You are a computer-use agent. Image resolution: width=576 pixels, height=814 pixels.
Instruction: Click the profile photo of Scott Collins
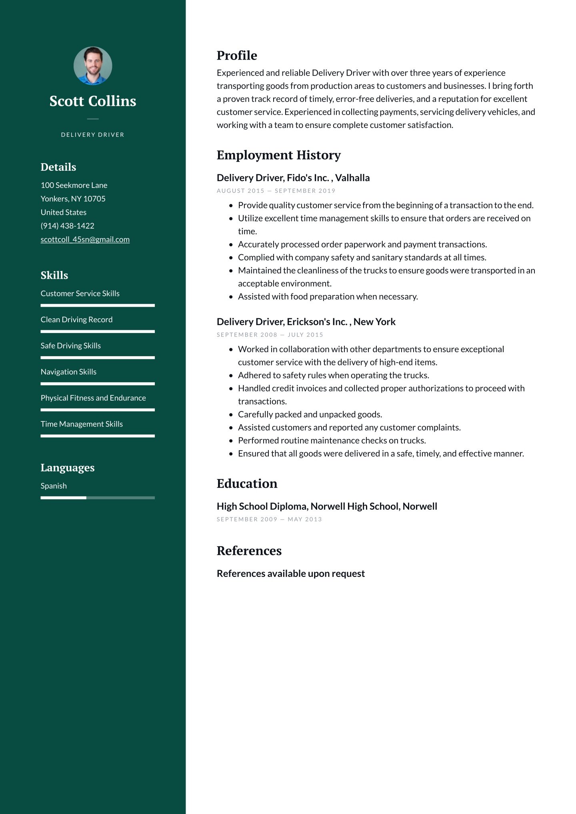pyautogui.click(x=93, y=66)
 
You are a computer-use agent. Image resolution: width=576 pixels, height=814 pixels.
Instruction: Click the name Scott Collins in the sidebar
pyautogui.click(x=93, y=101)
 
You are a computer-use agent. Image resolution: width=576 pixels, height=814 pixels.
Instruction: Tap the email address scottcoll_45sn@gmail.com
pyautogui.click(x=85, y=239)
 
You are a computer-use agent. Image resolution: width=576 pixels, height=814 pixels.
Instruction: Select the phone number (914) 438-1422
pyautogui.click(x=68, y=226)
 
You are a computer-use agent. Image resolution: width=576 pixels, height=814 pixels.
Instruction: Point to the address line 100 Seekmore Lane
pyautogui.click(x=74, y=185)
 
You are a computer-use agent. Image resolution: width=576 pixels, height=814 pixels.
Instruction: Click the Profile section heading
pyautogui.click(x=237, y=56)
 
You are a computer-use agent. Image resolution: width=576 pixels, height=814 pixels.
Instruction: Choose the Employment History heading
pyautogui.click(x=278, y=155)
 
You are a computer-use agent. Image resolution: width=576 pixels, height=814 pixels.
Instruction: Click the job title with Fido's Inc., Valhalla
pyautogui.click(x=293, y=178)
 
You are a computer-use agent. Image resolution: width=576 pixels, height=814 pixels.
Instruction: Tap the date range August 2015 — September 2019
pyautogui.click(x=276, y=191)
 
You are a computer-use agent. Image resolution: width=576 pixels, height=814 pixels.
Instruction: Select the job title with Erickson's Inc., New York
pyautogui.click(x=306, y=322)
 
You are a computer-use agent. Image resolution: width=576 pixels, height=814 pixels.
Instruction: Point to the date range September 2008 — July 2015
pyautogui.click(x=270, y=335)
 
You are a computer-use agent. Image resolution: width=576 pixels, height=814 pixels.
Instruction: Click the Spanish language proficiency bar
pyautogui.click(x=98, y=498)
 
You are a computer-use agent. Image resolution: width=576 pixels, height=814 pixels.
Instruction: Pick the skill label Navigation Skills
pyautogui.click(x=68, y=372)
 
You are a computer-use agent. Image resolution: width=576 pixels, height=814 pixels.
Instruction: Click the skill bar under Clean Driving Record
pyautogui.click(x=98, y=331)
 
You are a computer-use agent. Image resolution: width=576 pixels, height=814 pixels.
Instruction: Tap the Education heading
pyautogui.click(x=247, y=484)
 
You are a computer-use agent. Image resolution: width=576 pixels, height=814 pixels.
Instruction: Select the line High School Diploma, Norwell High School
pyautogui.click(x=327, y=507)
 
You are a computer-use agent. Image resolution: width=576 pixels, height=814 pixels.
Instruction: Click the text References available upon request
pyautogui.click(x=291, y=574)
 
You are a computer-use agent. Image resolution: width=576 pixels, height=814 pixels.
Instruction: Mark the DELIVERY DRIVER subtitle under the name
pyautogui.click(x=93, y=135)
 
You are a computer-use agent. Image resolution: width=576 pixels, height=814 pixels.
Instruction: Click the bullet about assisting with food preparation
pyautogui.click(x=328, y=297)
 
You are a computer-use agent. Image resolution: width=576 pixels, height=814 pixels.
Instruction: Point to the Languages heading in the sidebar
pyautogui.click(x=68, y=468)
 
